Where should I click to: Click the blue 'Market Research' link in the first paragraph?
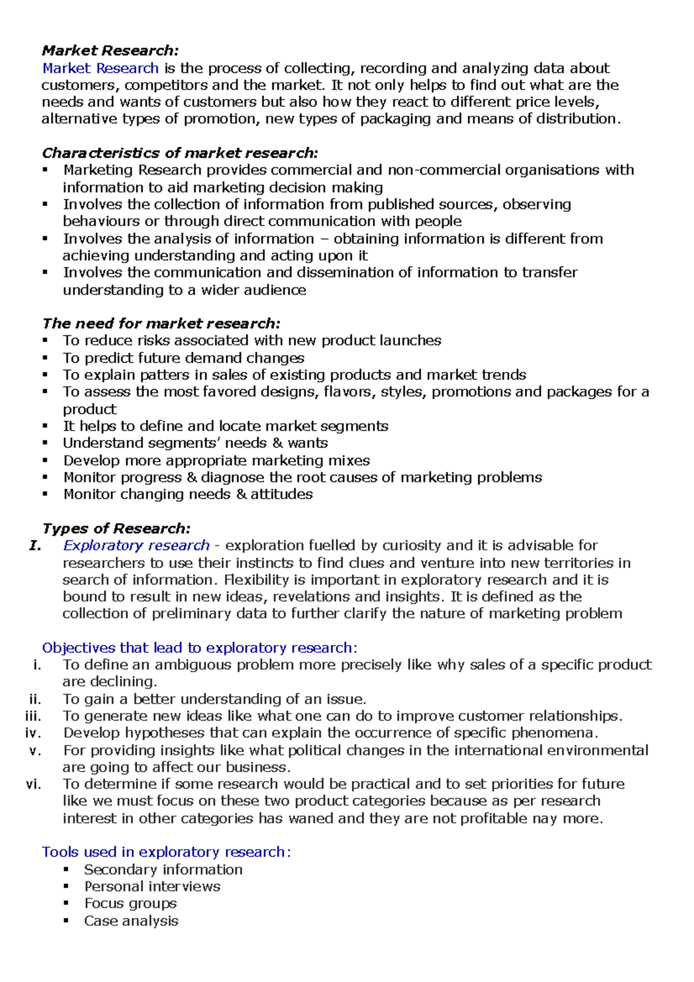point(101,68)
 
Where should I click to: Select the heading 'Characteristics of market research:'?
point(180,153)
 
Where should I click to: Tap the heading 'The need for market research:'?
point(161,323)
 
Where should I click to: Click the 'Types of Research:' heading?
point(116,529)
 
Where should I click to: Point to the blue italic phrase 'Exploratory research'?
point(136,545)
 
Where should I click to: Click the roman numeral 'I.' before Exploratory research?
point(35,545)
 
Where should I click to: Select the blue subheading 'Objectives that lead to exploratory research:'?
point(200,648)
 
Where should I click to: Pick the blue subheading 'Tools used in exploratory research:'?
point(167,852)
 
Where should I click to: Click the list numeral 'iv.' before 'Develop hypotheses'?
point(33,733)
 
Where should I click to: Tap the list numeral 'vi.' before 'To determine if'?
point(34,784)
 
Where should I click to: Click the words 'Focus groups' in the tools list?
point(131,903)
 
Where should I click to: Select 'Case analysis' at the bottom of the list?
point(131,921)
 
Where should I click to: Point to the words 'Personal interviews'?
point(152,887)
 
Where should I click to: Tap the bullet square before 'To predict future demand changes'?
point(45,358)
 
